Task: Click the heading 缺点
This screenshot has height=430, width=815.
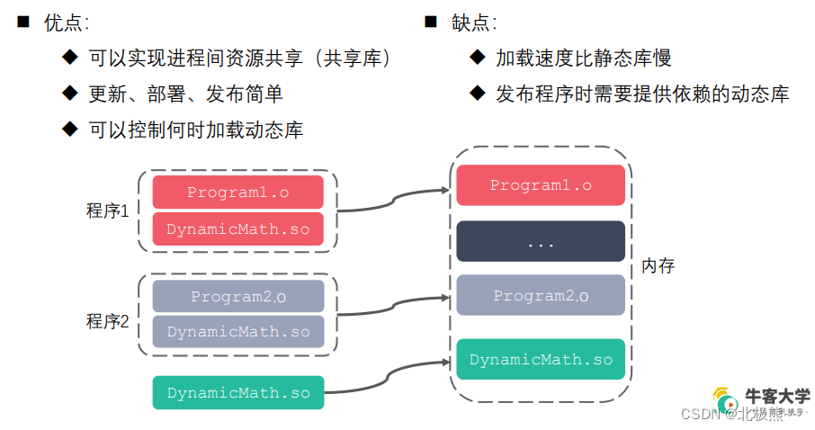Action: [473, 23]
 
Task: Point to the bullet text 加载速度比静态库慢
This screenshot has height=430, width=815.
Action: [583, 58]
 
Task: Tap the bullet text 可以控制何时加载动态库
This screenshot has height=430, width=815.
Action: [196, 130]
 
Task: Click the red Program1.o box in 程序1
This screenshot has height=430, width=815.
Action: [237, 193]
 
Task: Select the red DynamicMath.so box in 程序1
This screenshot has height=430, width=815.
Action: [237, 228]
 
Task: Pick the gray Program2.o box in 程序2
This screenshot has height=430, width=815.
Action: [237, 296]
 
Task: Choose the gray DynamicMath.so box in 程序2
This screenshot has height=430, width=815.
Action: [237, 332]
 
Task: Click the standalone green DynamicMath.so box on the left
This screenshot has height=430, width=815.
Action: [237, 393]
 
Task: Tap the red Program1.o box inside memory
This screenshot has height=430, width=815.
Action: [540, 185]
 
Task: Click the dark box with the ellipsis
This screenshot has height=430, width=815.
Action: [540, 241]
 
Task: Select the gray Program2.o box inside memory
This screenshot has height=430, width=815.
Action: [540, 295]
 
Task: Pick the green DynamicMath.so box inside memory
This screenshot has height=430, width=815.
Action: [540, 360]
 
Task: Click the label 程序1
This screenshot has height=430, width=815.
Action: [108, 211]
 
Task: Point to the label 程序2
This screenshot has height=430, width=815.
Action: [108, 321]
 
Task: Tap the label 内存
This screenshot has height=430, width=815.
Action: [658, 266]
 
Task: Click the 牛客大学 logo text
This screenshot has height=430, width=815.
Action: [777, 396]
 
